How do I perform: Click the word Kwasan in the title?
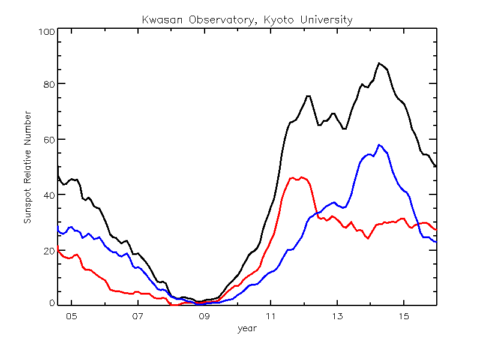click(162, 20)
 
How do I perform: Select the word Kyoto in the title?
click(278, 20)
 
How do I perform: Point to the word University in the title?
click(326, 20)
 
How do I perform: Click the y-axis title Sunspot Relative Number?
click(28, 167)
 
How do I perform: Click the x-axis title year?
click(247, 329)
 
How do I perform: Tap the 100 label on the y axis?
click(47, 32)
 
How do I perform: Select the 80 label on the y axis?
click(49, 84)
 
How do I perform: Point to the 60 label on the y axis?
click(49, 140)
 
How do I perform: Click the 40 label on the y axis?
click(49, 195)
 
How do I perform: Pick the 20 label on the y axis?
click(49, 251)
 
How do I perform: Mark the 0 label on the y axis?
click(52, 303)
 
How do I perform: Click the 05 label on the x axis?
click(71, 316)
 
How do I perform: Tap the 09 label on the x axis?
click(204, 316)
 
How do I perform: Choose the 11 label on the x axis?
click(271, 316)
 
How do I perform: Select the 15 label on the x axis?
click(404, 316)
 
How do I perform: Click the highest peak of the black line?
click(379, 63)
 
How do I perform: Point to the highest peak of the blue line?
click(379, 145)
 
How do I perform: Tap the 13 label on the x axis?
click(337, 316)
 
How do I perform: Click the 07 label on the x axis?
click(138, 316)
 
